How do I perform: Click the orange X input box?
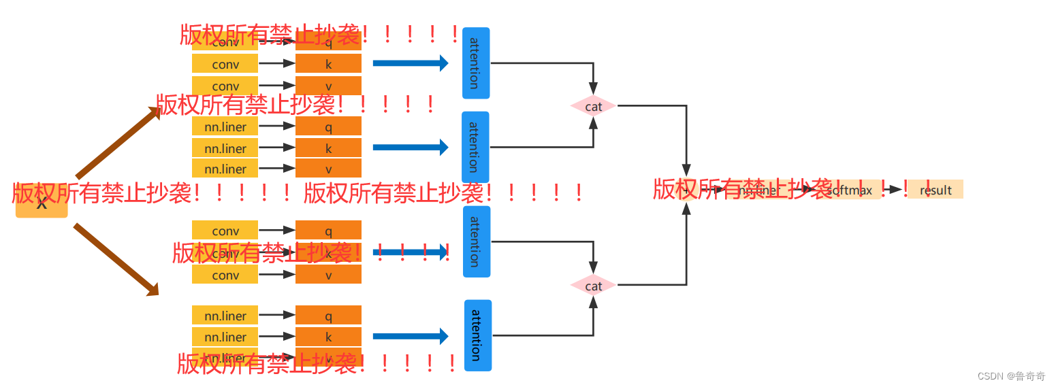42,204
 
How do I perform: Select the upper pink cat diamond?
593,107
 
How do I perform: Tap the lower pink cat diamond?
593,286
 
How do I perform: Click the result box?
935,190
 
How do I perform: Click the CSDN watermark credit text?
1011,376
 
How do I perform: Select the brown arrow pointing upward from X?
117,143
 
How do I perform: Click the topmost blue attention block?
475,63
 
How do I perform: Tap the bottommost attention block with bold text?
477,335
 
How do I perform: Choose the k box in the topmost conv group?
328,64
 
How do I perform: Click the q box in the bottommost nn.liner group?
328,316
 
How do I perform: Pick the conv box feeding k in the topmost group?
225,64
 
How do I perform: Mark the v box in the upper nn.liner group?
328,169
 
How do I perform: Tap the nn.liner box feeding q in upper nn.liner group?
225,127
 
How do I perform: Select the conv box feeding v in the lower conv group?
225,275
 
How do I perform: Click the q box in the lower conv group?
328,231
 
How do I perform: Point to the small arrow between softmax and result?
894,190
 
